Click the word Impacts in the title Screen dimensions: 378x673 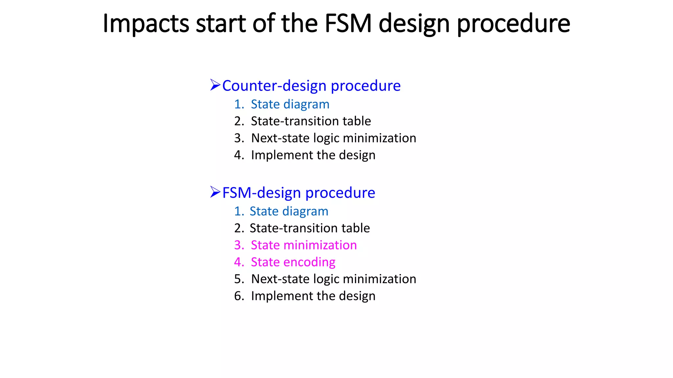pos(146,24)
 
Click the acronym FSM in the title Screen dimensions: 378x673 pos(348,24)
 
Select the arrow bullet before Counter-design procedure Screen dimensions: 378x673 pos(215,85)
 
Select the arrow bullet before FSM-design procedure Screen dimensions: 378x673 pos(215,192)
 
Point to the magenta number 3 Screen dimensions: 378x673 pos(239,245)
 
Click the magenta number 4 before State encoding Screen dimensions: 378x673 pos(239,262)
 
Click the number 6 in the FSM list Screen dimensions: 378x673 pos(239,296)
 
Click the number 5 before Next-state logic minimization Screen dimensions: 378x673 pos(239,279)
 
